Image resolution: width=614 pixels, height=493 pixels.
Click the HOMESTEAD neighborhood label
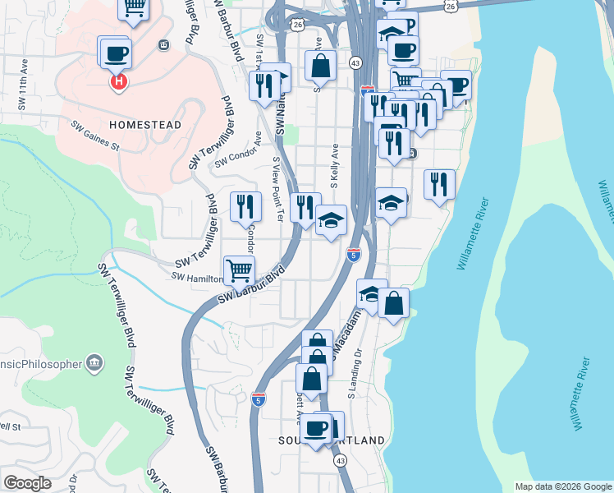144,125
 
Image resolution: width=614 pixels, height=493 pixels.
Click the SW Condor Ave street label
238,153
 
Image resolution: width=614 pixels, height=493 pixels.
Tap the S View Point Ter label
277,190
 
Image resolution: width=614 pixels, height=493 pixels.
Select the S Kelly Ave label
335,164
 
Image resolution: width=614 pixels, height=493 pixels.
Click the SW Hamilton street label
198,276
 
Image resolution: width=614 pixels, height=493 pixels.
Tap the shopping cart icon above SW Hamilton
239,269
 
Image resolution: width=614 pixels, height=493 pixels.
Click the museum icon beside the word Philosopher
94,362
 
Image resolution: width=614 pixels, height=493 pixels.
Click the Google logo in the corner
27,483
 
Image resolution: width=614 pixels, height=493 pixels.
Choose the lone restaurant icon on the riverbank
440,184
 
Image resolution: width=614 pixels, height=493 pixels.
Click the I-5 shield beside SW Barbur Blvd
259,399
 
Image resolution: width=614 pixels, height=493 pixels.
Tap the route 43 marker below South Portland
339,462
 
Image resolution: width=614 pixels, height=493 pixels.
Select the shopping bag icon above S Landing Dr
394,302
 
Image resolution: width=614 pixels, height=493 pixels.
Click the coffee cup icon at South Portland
316,428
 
